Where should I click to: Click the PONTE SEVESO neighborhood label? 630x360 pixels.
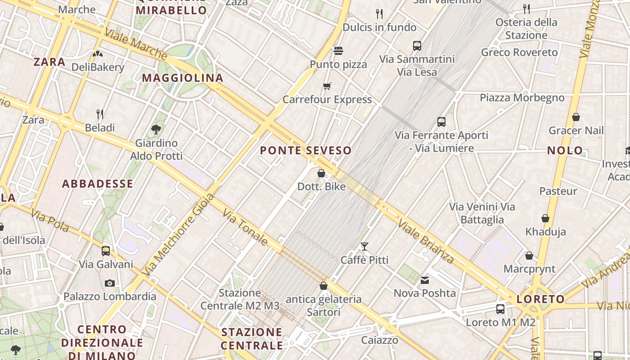pyautogui.click(x=306, y=151)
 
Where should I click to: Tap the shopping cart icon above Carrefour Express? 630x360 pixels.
pyautogui.click(x=327, y=86)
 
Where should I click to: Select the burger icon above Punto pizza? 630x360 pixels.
pyautogui.click(x=338, y=50)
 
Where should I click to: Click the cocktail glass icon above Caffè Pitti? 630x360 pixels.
pyautogui.click(x=364, y=247)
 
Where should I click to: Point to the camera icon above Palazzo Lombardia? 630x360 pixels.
pyautogui.click(x=109, y=283)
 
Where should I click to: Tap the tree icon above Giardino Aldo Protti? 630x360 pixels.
pyautogui.click(x=156, y=130)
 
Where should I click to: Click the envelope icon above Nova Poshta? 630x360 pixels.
pyautogui.click(x=424, y=280)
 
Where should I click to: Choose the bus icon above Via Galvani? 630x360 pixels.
pyautogui.click(x=106, y=251)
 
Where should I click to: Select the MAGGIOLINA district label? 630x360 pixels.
pyautogui.click(x=183, y=78)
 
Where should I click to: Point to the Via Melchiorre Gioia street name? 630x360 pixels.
pyautogui.click(x=178, y=234)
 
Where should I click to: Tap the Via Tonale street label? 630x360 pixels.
pyautogui.click(x=245, y=227)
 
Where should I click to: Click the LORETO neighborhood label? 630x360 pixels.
pyautogui.click(x=540, y=299)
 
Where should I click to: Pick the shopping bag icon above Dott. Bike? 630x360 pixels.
pyautogui.click(x=321, y=173)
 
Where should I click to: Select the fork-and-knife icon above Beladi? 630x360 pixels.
pyautogui.click(x=100, y=114)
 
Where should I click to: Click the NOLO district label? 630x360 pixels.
pyautogui.click(x=565, y=151)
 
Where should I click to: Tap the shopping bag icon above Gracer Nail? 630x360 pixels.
pyautogui.click(x=576, y=117)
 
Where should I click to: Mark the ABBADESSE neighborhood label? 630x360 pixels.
pyautogui.click(x=97, y=184)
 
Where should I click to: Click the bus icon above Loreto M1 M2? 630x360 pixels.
pyautogui.click(x=500, y=309)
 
